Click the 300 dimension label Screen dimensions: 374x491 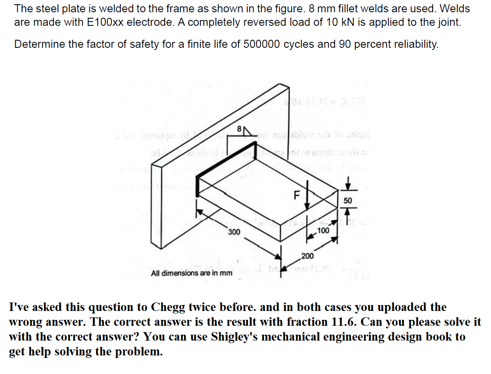[x=234, y=232]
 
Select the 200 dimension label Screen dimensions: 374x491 [x=307, y=256]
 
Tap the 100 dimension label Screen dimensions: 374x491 [x=323, y=231]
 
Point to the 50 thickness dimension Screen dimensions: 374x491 [x=347, y=201]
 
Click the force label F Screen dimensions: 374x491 [x=297, y=196]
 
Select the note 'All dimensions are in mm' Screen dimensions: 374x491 [x=191, y=273]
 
